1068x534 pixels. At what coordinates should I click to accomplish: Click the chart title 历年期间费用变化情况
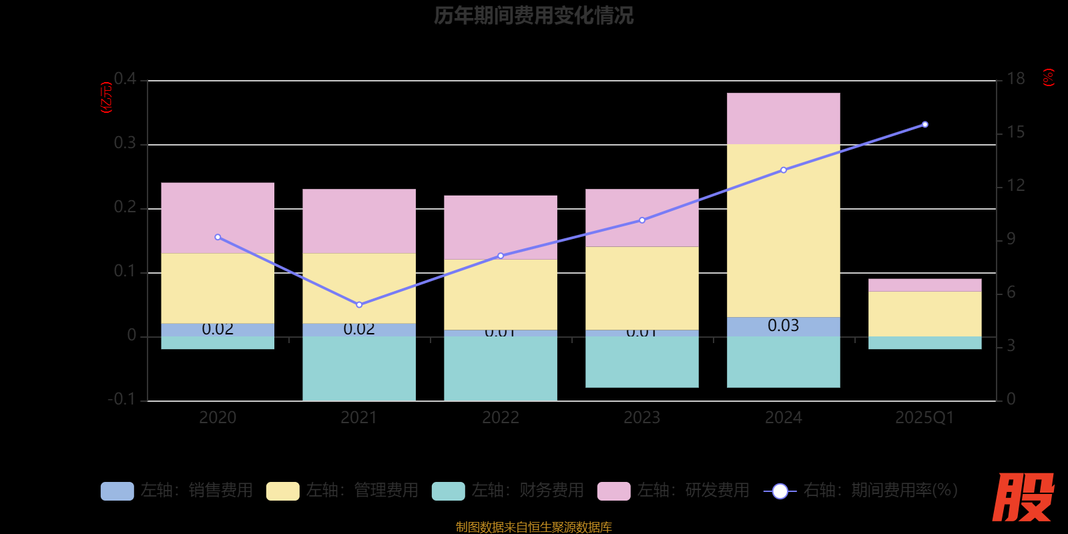533,15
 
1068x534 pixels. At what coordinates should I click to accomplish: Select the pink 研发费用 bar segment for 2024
783,118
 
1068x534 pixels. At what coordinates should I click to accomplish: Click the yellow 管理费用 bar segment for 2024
783,230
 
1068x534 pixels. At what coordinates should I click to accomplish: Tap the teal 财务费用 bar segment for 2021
359,368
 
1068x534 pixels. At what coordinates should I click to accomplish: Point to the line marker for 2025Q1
924,125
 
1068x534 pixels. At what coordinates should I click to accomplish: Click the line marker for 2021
359,305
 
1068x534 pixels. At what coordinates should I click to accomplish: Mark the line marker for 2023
642,220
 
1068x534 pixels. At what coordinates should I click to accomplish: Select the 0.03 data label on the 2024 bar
783,326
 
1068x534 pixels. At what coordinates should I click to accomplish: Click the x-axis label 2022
501,418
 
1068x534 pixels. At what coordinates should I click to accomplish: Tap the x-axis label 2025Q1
924,418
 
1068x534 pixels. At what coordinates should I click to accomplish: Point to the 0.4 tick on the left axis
125,79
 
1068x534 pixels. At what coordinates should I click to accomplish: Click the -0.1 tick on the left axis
121,399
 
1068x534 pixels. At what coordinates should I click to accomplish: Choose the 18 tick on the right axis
1016,79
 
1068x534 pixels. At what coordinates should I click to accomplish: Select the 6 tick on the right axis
1011,292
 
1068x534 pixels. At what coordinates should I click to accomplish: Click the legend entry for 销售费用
177,491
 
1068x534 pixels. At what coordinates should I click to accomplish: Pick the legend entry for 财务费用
508,491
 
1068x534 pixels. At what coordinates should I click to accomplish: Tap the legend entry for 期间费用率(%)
861,491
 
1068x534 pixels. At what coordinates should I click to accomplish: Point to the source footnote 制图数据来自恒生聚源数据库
533,527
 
